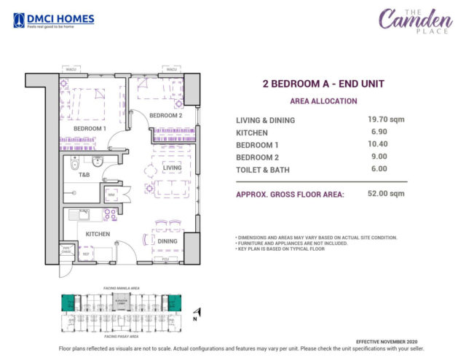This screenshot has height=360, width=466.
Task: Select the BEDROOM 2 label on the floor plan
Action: (165, 115)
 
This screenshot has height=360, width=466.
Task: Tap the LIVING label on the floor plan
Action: (172, 168)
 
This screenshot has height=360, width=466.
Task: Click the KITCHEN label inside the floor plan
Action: (98, 234)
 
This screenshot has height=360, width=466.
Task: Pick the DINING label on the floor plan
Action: (167, 241)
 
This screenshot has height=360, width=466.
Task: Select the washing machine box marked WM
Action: (112, 195)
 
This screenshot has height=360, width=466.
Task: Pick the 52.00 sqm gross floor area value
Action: (386, 194)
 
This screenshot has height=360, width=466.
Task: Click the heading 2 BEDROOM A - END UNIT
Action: (323, 84)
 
